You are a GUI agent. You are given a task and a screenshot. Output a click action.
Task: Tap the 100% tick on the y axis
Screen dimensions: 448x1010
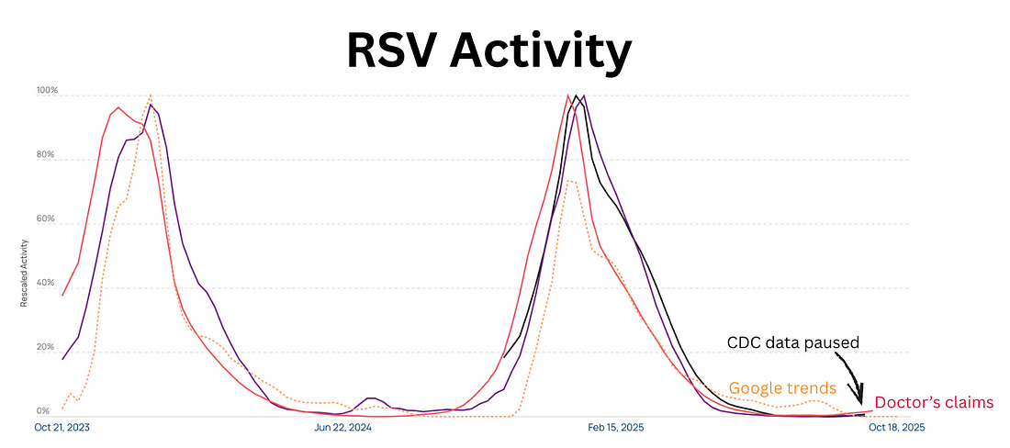click(x=47, y=91)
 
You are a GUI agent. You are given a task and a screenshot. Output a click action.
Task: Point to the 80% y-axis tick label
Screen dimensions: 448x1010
click(x=47, y=156)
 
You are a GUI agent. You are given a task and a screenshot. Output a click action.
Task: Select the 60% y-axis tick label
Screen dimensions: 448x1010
click(x=47, y=220)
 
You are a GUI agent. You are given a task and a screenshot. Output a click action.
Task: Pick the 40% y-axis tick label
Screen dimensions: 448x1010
click(x=47, y=285)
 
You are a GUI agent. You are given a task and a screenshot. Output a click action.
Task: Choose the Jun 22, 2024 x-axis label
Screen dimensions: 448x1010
click(x=342, y=427)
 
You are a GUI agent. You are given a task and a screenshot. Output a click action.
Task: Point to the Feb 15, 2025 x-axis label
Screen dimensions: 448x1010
click(x=617, y=427)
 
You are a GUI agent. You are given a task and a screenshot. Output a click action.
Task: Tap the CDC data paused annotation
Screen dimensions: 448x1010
click(x=792, y=342)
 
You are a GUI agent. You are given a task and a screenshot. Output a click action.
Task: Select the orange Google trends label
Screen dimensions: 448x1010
click(x=782, y=387)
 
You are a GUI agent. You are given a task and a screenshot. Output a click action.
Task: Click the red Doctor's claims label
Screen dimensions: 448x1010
click(x=933, y=402)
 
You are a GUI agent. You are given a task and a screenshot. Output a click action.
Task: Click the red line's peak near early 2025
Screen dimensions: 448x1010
click(x=568, y=95)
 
